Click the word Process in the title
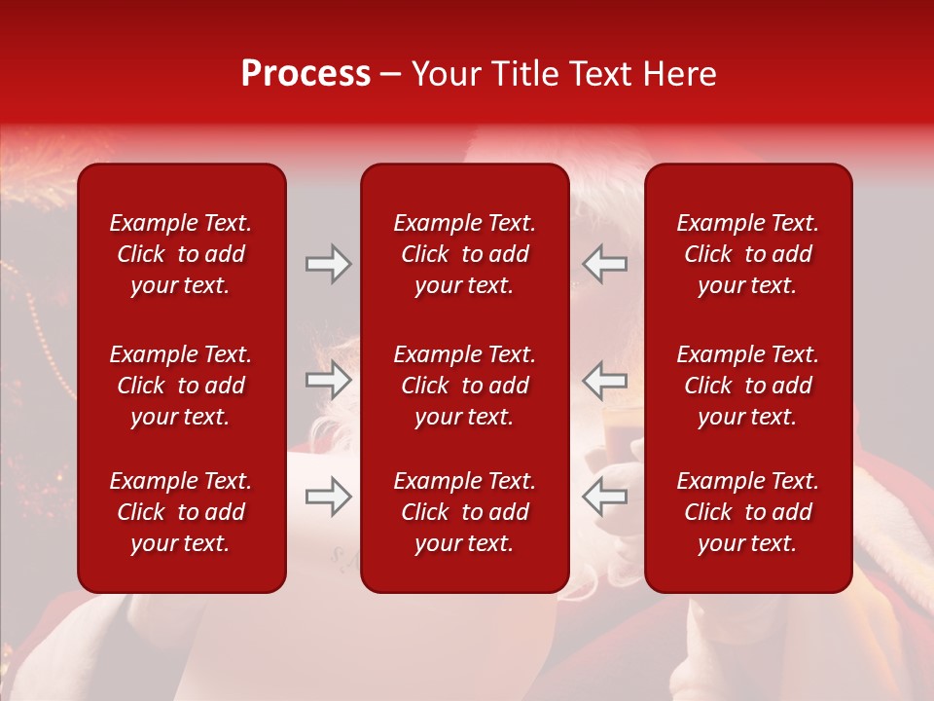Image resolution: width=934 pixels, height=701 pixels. (x=305, y=74)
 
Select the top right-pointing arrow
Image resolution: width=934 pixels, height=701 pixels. (x=328, y=264)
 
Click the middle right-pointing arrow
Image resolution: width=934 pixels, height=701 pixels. (x=328, y=381)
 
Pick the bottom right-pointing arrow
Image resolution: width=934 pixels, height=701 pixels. (x=328, y=497)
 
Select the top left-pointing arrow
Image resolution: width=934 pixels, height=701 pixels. (x=605, y=264)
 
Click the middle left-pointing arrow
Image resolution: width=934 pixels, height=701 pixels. (x=605, y=381)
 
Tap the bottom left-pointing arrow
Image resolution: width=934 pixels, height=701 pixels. (x=605, y=497)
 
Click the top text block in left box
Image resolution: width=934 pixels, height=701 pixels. (x=181, y=254)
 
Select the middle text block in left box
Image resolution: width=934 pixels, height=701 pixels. (x=181, y=386)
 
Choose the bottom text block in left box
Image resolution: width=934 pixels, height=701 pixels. (x=181, y=512)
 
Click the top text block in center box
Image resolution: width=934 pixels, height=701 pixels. (x=464, y=254)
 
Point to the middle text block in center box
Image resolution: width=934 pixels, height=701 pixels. (x=464, y=386)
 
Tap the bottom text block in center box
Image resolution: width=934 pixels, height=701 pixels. (x=464, y=512)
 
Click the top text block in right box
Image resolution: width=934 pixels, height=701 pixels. (x=747, y=254)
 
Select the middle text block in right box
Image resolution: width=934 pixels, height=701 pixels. (x=747, y=386)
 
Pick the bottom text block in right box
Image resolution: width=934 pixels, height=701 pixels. (x=747, y=512)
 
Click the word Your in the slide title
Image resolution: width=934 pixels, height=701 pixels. (x=448, y=74)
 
